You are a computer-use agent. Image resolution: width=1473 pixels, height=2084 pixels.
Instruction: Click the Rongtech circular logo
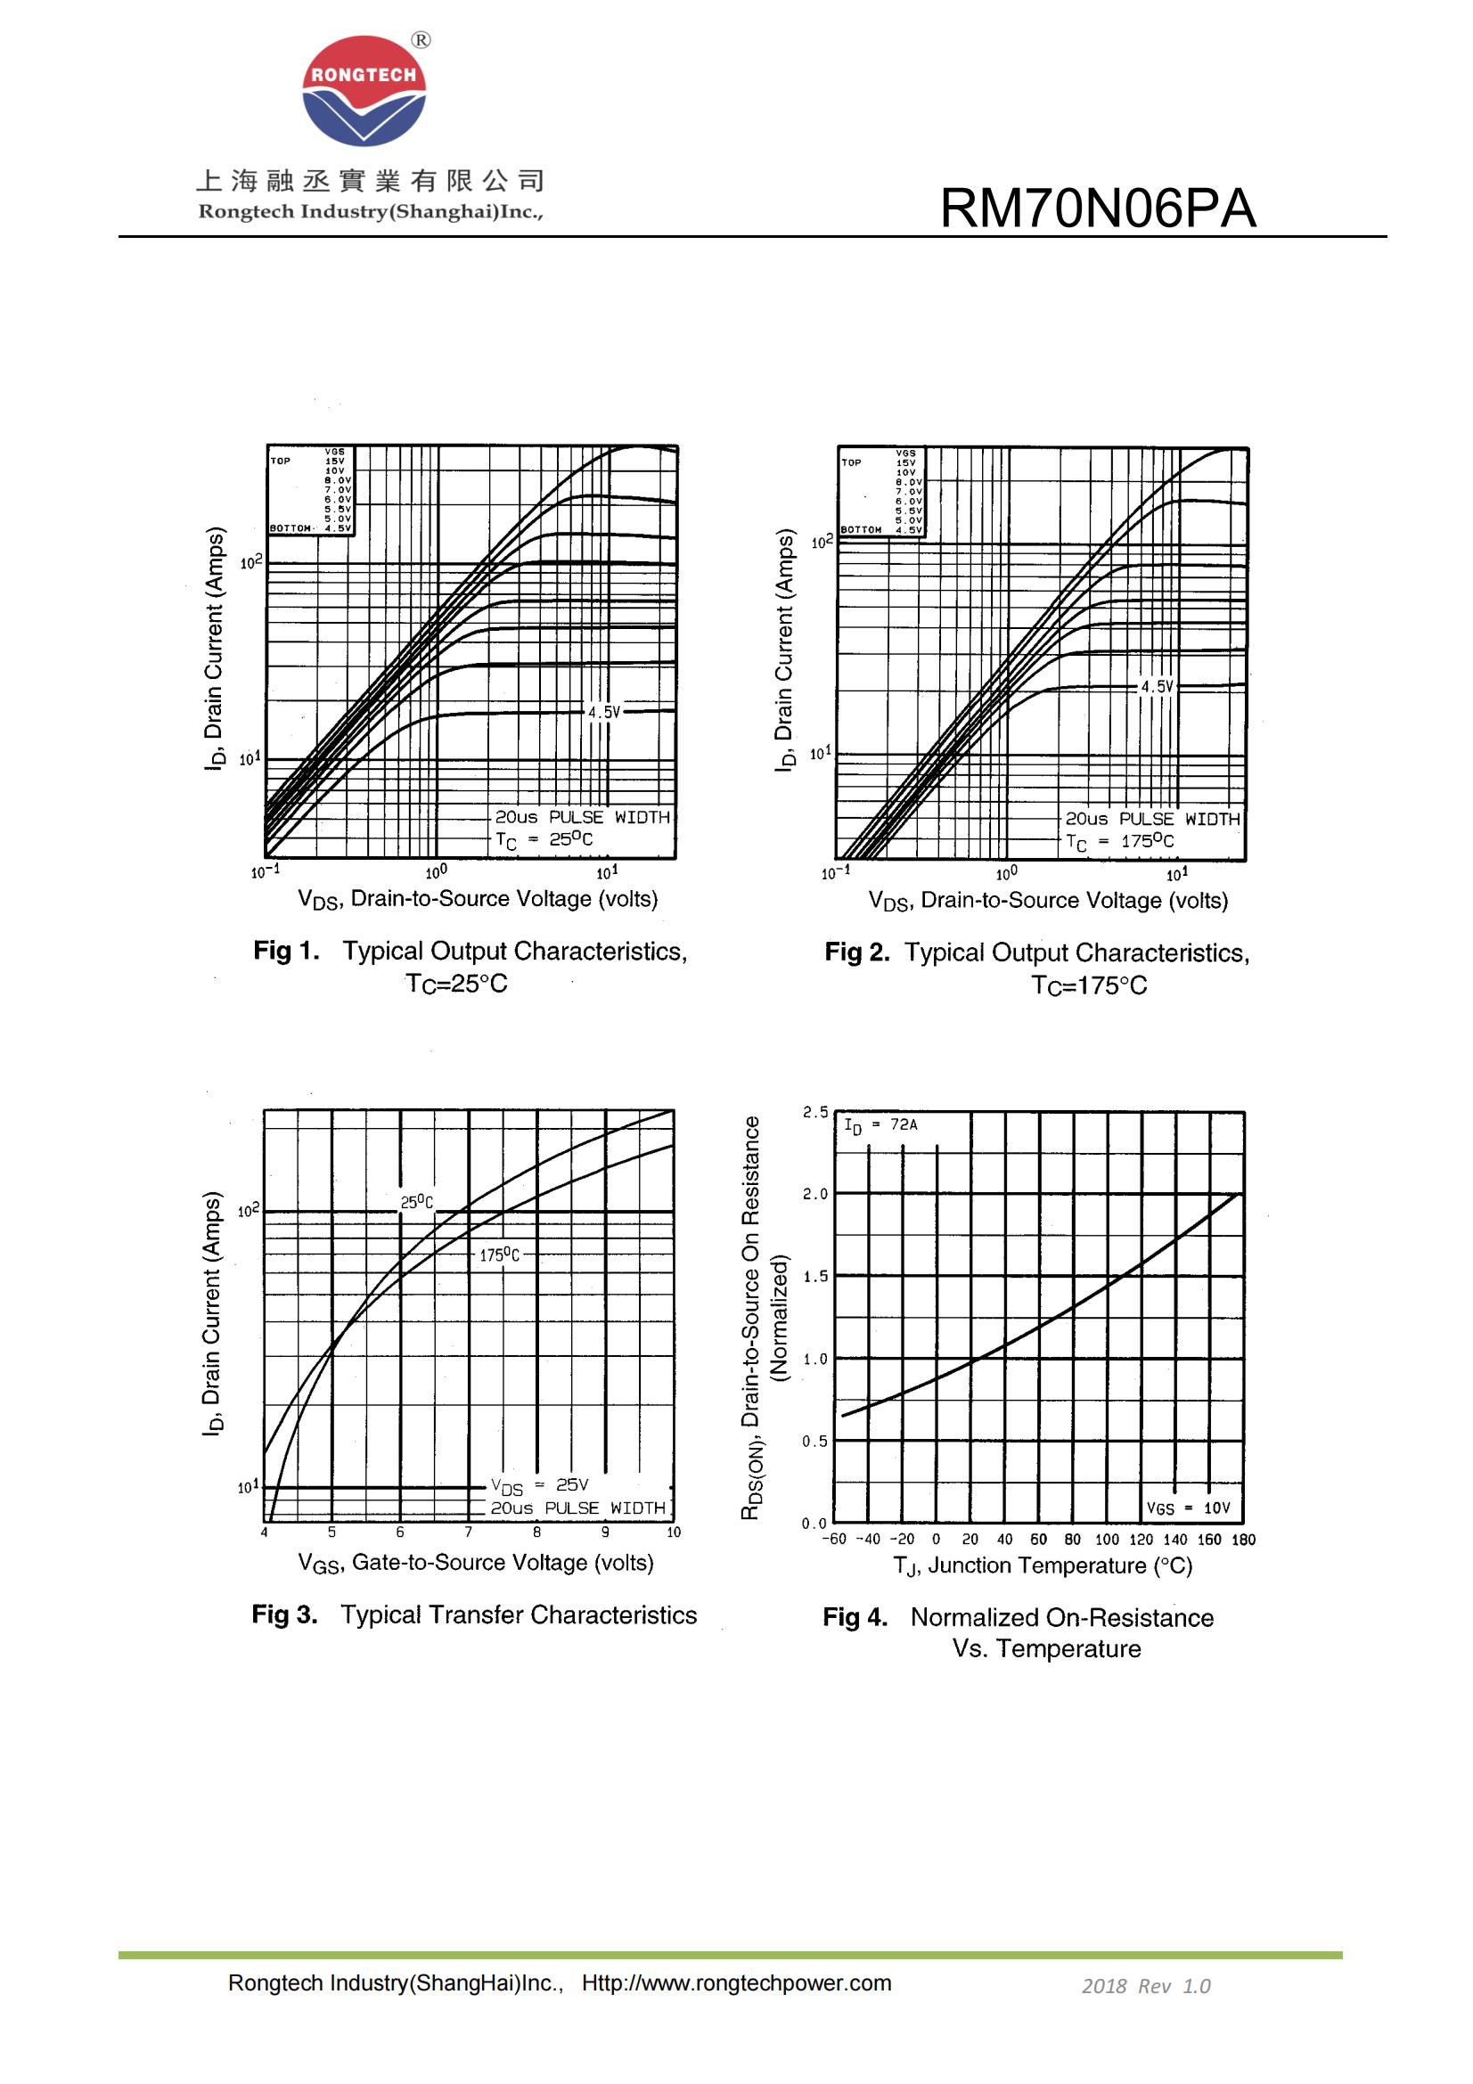pyautogui.click(x=364, y=91)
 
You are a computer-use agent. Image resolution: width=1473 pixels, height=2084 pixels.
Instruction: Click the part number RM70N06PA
pyautogui.click(x=1097, y=208)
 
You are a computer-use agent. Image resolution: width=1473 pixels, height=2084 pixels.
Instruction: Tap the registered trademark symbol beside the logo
pyautogui.click(x=421, y=40)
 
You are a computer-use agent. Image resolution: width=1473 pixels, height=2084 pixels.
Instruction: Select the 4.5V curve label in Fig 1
pyautogui.click(x=603, y=713)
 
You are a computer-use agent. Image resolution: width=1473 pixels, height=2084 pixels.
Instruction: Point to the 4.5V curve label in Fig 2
pyautogui.click(x=1158, y=687)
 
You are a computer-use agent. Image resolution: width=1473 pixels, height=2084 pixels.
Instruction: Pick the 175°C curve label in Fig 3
pyautogui.click(x=500, y=1255)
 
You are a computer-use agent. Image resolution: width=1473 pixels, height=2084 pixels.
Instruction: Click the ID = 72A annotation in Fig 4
pyautogui.click(x=880, y=1125)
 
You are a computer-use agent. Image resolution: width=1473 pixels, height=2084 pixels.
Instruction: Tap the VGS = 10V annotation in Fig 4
pyautogui.click(x=1188, y=1508)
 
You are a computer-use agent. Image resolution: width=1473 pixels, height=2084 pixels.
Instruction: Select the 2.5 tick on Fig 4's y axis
pyautogui.click(x=815, y=1112)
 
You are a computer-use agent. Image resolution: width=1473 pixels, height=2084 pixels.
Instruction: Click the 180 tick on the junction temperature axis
pyautogui.click(x=1243, y=1540)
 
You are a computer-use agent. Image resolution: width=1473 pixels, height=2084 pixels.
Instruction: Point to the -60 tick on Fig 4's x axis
pyautogui.click(x=834, y=1540)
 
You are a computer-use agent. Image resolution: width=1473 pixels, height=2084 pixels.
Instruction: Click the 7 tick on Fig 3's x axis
pyautogui.click(x=469, y=1532)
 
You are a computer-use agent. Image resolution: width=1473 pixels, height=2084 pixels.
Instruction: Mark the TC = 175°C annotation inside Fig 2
pyautogui.click(x=1120, y=841)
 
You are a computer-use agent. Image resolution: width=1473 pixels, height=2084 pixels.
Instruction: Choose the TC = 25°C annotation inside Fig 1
pyautogui.click(x=544, y=839)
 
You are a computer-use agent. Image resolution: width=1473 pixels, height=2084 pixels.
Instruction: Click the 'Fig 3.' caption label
pyautogui.click(x=285, y=1614)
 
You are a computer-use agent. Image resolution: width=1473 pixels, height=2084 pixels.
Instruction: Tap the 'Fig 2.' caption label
pyautogui.click(x=856, y=952)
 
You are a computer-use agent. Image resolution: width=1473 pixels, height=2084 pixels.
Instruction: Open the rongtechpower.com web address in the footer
pyautogui.click(x=736, y=1983)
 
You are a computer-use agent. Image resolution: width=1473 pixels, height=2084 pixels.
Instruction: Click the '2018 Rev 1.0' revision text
pyautogui.click(x=1145, y=1986)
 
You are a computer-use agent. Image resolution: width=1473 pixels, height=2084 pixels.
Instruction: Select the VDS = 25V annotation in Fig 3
pyautogui.click(x=540, y=1486)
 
